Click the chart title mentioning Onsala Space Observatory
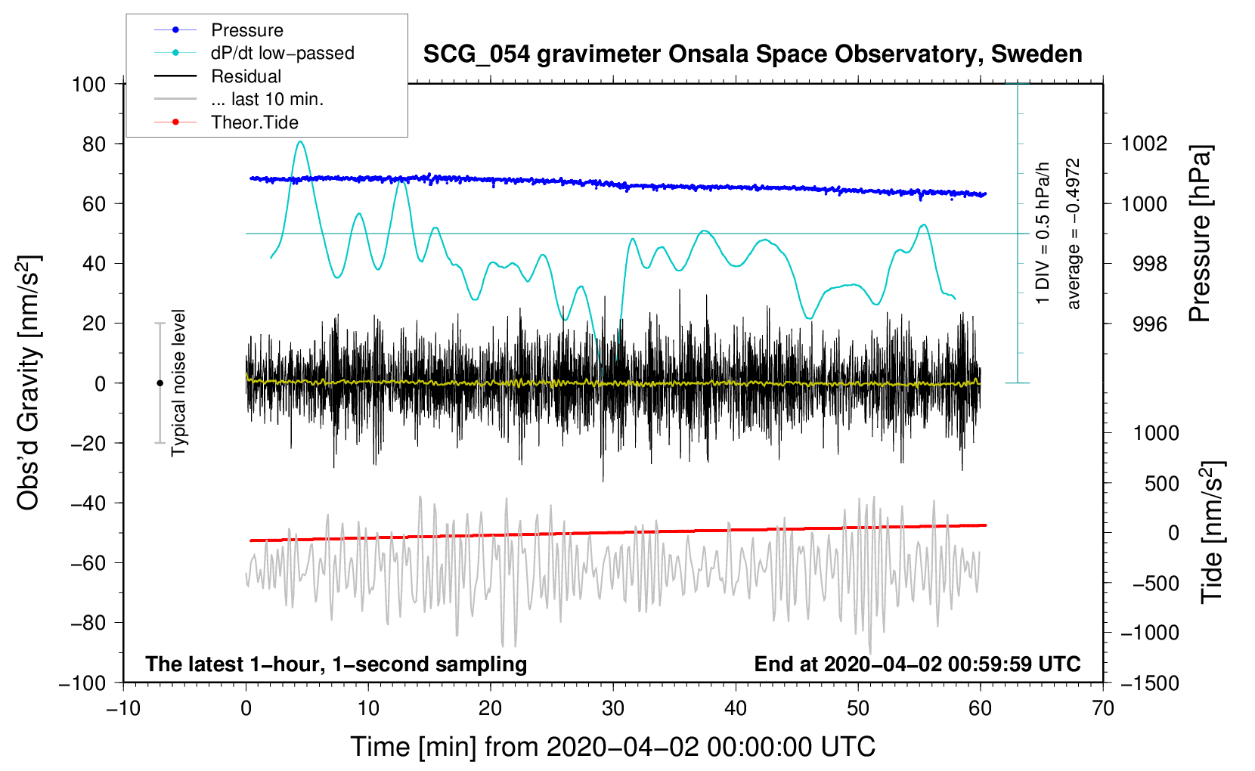click(x=752, y=54)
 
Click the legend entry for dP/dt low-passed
click(x=282, y=53)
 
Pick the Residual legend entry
click(x=246, y=76)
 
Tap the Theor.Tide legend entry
click(x=254, y=122)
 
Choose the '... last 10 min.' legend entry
click(x=267, y=99)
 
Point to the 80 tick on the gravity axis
click(x=94, y=144)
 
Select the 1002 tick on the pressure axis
click(x=1145, y=144)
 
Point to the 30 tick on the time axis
click(x=613, y=708)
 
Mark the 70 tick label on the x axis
click(x=1103, y=708)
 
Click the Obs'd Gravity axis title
click(x=29, y=382)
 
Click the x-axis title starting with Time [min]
click(x=613, y=747)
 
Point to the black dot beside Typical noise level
click(x=160, y=383)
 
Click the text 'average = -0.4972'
click(x=1074, y=234)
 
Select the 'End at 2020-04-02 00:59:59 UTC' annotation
click(x=917, y=664)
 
